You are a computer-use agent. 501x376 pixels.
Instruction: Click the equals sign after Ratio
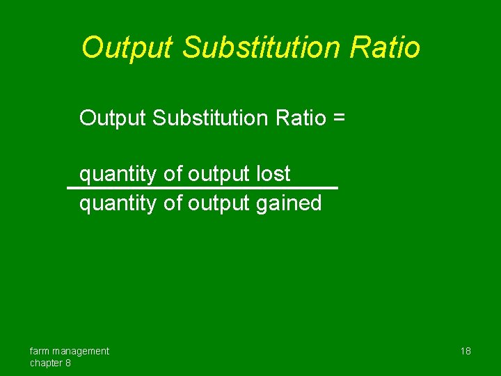coord(338,118)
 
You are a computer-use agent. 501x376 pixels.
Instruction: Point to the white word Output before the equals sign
coord(113,118)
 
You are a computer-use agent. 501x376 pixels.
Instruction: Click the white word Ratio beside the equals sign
coord(301,118)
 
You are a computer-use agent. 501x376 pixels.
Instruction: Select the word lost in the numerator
coord(273,173)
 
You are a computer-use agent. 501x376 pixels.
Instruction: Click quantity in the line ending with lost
coord(119,174)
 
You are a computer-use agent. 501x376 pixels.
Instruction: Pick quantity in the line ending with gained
coord(119,204)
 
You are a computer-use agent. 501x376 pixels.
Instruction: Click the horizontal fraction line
coord(202,188)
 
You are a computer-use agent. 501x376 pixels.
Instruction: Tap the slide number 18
coord(466,351)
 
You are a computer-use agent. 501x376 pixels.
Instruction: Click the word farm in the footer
coord(40,351)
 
